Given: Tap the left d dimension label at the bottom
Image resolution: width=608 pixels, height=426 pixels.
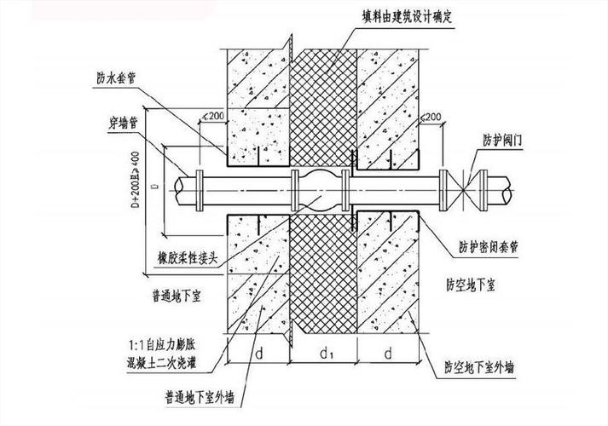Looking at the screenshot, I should click(x=258, y=350).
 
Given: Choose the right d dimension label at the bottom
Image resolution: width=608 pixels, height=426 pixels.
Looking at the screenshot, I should click(x=389, y=350).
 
